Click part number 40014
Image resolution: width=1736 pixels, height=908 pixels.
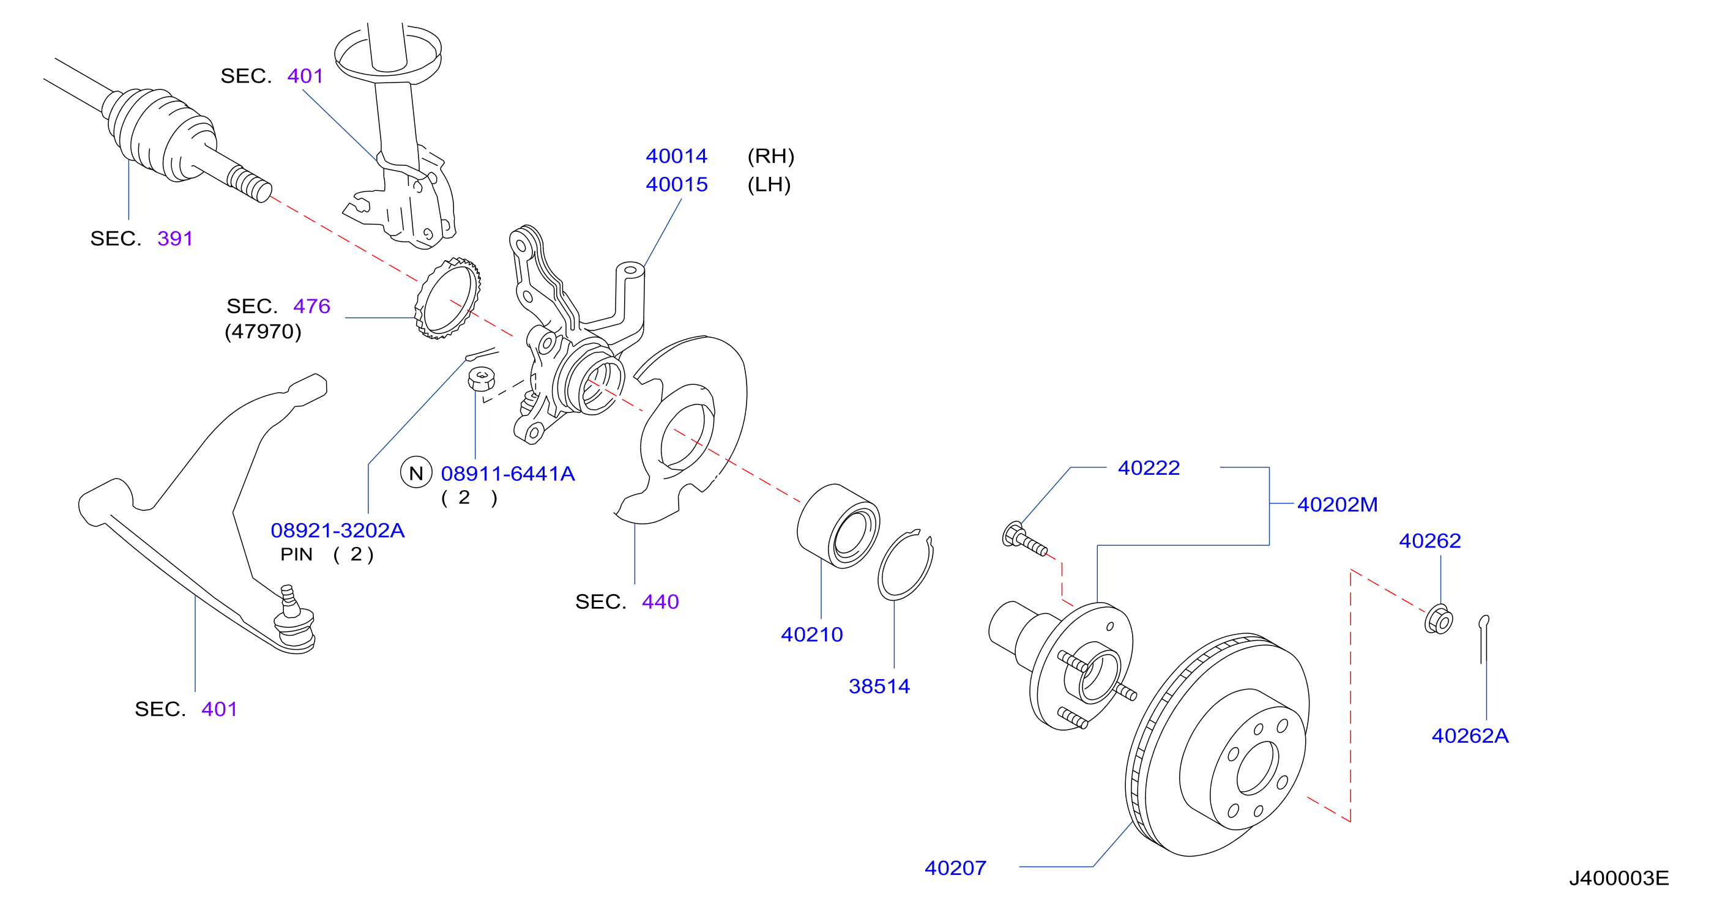tap(676, 155)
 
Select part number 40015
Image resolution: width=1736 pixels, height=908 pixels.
tap(677, 184)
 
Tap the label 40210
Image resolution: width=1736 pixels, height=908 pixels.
tap(811, 634)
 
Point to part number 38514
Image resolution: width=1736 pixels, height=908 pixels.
tap(879, 687)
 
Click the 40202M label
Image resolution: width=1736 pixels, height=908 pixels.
tap(1337, 504)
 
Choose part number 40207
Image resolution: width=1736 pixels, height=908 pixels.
tap(955, 868)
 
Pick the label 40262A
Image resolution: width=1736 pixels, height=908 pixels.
tap(1470, 735)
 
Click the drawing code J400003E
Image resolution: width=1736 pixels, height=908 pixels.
tap(1619, 877)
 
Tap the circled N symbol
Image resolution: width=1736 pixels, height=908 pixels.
tap(417, 472)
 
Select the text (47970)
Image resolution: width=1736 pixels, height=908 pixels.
tap(263, 332)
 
